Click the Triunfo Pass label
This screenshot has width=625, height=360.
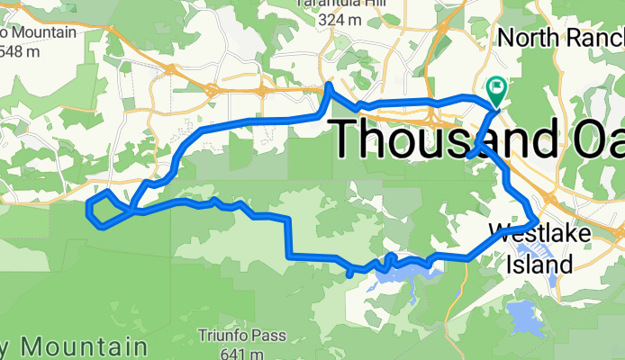click(x=242, y=337)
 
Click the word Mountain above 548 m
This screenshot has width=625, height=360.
click(x=40, y=34)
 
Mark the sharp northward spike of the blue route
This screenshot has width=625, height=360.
click(x=329, y=87)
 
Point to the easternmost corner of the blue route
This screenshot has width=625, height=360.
click(x=537, y=219)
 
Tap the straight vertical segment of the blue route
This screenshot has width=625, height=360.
click(x=288, y=238)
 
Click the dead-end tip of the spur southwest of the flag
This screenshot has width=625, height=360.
click(x=470, y=157)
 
